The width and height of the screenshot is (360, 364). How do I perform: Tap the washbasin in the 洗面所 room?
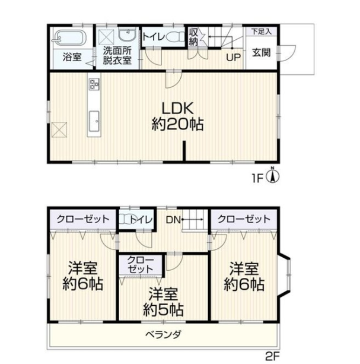pyautogui.click(x=127, y=35)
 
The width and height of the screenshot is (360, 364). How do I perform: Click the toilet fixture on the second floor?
pyautogui.click(x=125, y=219)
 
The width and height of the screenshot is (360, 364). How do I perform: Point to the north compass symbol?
pyautogui.click(x=273, y=176)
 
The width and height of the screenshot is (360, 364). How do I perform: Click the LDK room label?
pyautogui.click(x=177, y=108)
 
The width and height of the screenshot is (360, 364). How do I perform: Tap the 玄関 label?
pyautogui.click(x=261, y=53)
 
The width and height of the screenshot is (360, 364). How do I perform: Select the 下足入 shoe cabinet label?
pyautogui.click(x=262, y=31)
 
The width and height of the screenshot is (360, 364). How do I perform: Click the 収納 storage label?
pyautogui.click(x=193, y=37)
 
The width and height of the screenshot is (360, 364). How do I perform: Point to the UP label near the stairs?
pyautogui.click(x=233, y=58)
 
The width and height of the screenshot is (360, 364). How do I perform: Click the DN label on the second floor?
pyautogui.click(x=173, y=220)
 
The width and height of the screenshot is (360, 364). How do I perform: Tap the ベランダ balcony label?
pyautogui.click(x=163, y=334)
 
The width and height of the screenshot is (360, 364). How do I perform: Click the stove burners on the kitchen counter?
pyautogui.click(x=94, y=84)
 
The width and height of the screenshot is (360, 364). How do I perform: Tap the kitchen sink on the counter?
pyautogui.click(x=94, y=121)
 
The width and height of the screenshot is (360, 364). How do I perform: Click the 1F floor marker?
pyautogui.click(x=257, y=179)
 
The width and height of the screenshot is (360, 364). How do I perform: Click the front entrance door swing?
pyautogui.click(x=287, y=53)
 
